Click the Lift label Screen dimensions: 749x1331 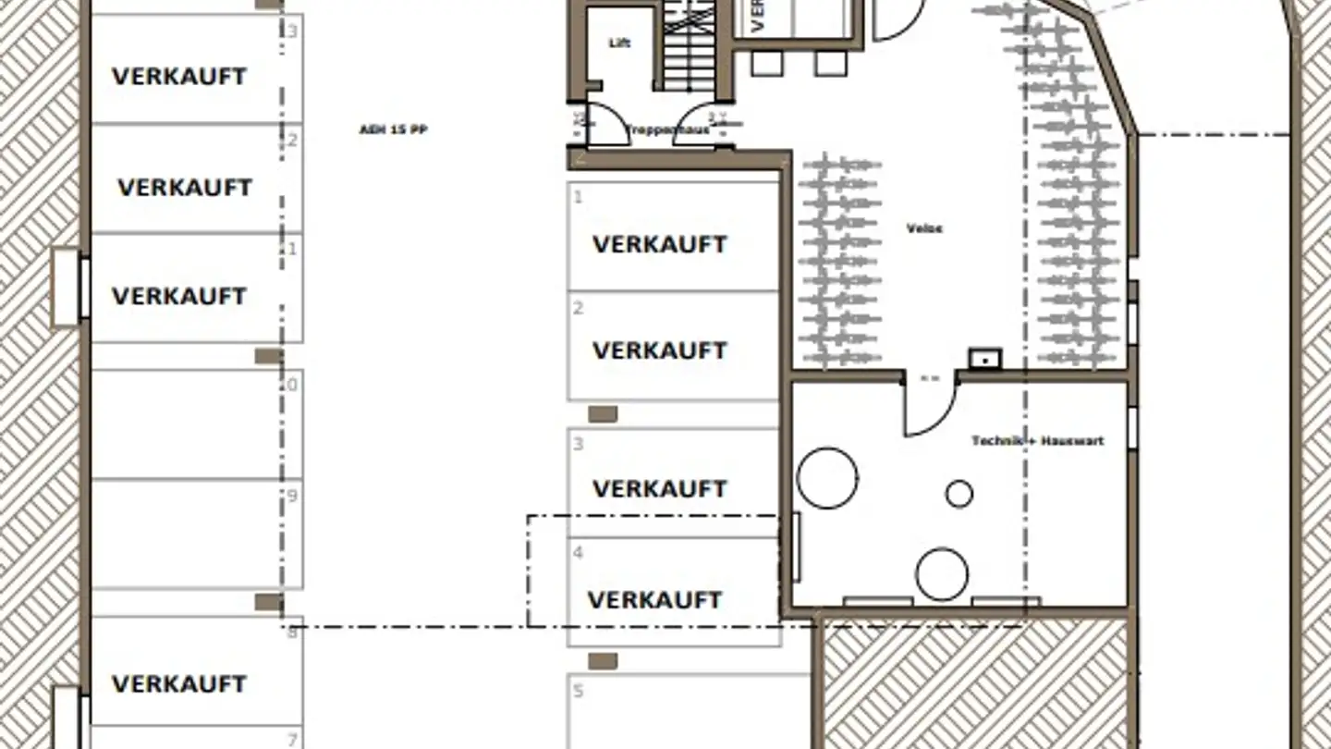[619, 43]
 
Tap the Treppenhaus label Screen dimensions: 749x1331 [668, 130]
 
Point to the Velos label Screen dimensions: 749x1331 [924, 228]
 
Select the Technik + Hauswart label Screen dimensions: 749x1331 [1037, 441]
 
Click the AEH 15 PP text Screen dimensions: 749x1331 [393, 130]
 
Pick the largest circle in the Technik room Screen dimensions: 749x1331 [827, 478]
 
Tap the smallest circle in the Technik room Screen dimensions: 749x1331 [959, 494]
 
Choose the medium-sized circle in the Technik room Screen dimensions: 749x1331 [942, 573]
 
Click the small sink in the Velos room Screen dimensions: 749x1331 [985, 357]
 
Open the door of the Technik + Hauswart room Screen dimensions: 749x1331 [928, 407]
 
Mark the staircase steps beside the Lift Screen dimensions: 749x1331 [689, 46]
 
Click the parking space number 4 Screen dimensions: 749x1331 [579, 553]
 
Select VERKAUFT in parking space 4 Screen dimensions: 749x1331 [654, 600]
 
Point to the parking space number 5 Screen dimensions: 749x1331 [579, 691]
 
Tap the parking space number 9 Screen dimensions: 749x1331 [292, 497]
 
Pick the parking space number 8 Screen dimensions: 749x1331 [292, 632]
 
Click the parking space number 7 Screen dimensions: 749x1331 [292, 740]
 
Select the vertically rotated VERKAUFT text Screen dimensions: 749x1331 [759, 17]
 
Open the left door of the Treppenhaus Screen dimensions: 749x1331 [605, 125]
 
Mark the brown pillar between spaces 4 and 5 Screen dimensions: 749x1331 [603, 660]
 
